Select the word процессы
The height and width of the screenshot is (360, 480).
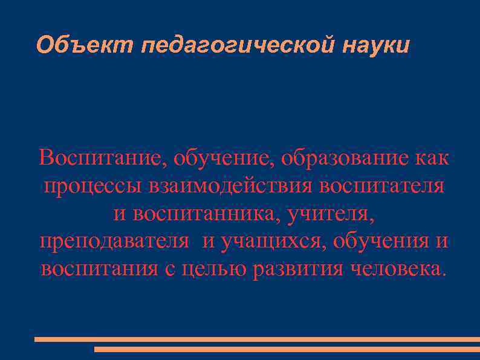[x=91, y=185]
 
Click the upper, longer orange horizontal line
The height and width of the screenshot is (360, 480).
[x=257, y=339]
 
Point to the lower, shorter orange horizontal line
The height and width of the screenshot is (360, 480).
[x=287, y=349]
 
